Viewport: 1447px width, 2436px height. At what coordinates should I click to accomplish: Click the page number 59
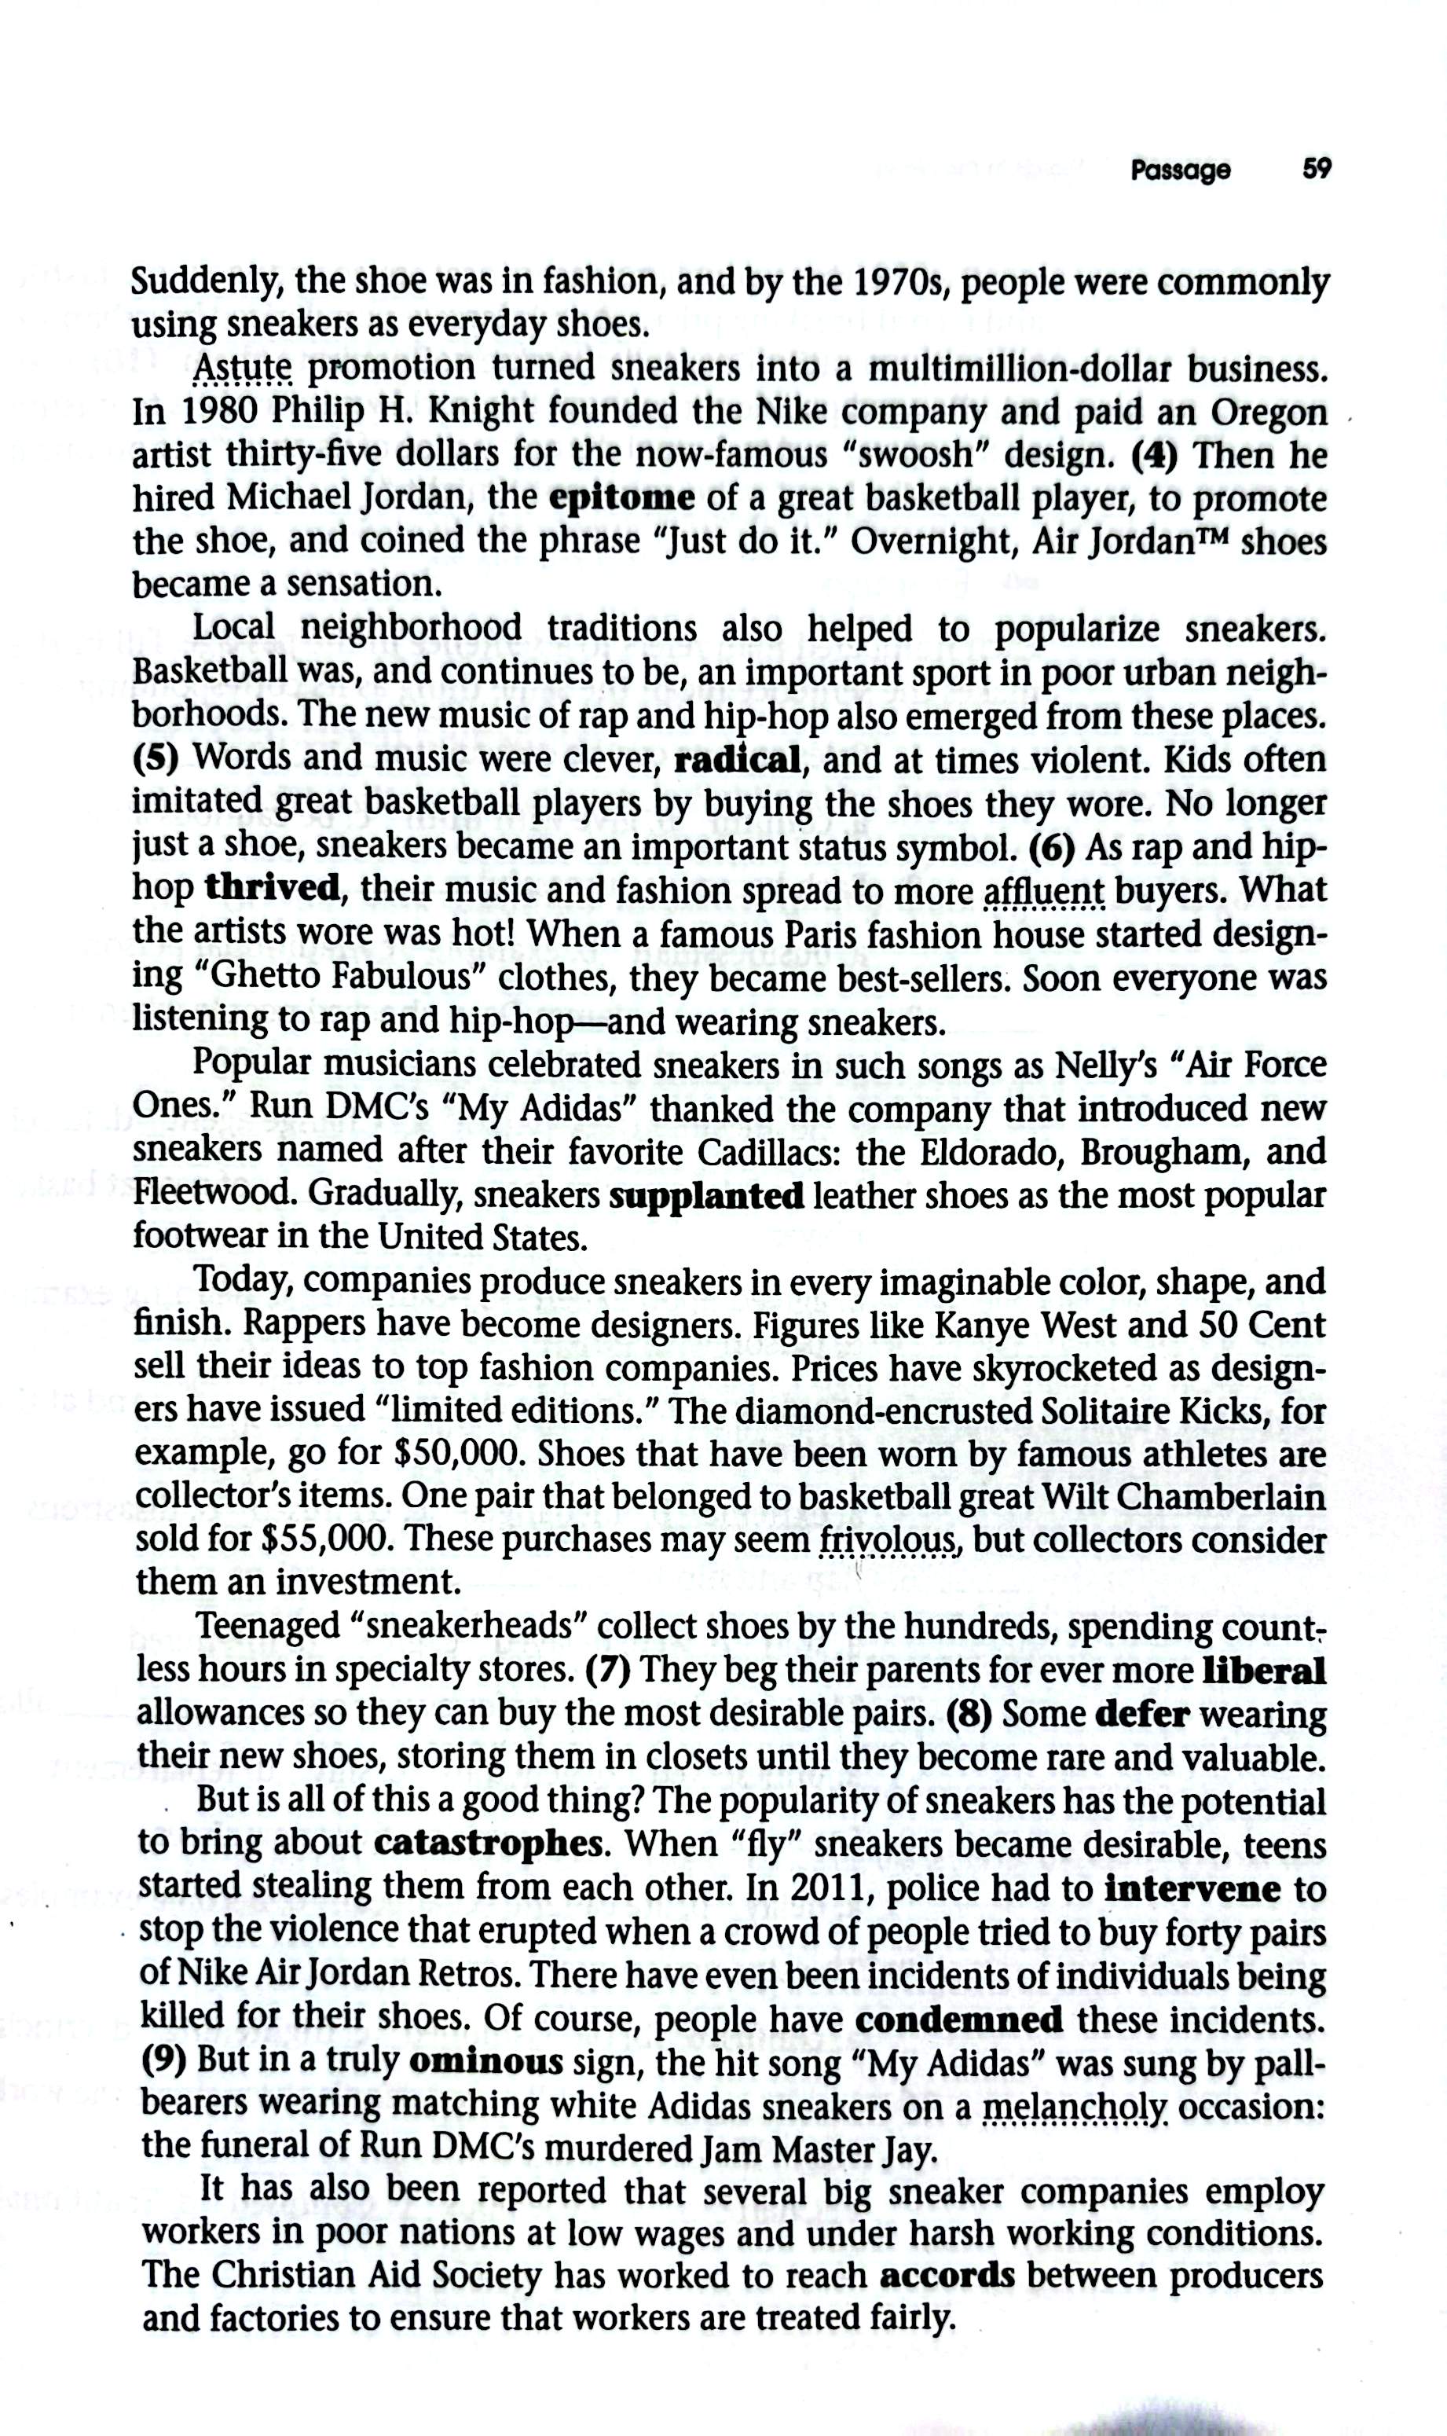pyautogui.click(x=1317, y=170)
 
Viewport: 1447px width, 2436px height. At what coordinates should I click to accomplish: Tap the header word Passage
pyautogui.click(x=1181, y=171)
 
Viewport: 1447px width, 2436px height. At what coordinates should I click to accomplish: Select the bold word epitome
pyautogui.click(x=622, y=499)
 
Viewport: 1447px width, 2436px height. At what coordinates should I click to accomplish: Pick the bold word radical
pyautogui.click(x=737, y=760)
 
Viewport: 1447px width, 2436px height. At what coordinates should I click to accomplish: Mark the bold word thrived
pyautogui.click(x=273, y=889)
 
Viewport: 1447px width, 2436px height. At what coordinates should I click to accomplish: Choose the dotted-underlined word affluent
pyautogui.click(x=1044, y=890)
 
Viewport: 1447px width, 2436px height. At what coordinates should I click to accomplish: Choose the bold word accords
pyautogui.click(x=947, y=2276)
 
